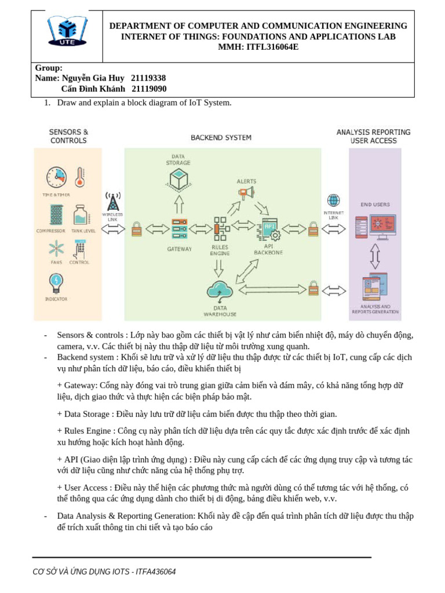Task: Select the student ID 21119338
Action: pyautogui.click(x=148, y=78)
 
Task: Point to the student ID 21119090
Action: pyautogui.click(x=149, y=89)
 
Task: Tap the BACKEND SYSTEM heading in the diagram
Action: pyautogui.click(x=221, y=138)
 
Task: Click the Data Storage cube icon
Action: pyautogui.click(x=179, y=181)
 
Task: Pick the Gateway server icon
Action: pyautogui.click(x=179, y=229)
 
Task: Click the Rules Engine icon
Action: pyautogui.click(x=220, y=229)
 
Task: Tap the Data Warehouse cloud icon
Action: pyautogui.click(x=220, y=290)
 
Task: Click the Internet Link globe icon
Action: pyautogui.click(x=333, y=200)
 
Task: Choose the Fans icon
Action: pyautogui.click(x=56, y=249)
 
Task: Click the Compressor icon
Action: pyautogui.click(x=56, y=215)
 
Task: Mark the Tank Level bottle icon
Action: pyautogui.click(x=80, y=215)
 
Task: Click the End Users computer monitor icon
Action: pyautogui.click(x=382, y=226)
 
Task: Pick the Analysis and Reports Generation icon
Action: pyautogui.click(x=375, y=287)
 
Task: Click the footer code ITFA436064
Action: pyautogui.click(x=155, y=572)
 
